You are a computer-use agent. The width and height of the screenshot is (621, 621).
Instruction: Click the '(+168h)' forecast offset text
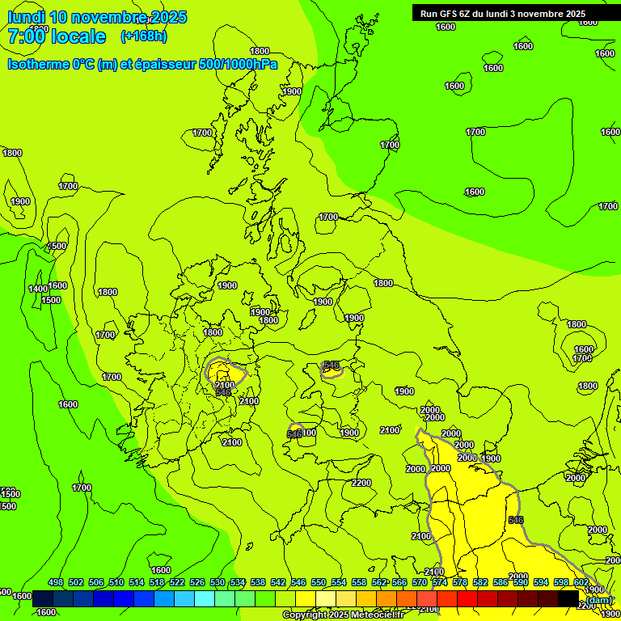coord(144,36)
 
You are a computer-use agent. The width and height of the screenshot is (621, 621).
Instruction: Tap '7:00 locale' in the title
coord(57,36)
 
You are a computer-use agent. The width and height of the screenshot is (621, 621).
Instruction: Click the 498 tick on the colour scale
coord(56,582)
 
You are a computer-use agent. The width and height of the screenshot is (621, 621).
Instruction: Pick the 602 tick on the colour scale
coord(581,582)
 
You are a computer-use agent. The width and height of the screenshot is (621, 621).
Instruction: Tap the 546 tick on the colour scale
coord(298,582)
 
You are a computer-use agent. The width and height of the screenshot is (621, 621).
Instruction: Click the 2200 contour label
coord(361,483)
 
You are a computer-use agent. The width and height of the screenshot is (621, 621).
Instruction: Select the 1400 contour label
coord(38,289)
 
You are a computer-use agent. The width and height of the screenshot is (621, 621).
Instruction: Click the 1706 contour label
coord(582,358)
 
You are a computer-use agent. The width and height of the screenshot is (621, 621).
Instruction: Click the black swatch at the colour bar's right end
coord(568,598)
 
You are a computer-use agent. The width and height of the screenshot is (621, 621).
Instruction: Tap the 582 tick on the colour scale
coord(480,582)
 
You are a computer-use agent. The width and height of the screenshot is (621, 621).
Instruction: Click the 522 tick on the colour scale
coord(177,582)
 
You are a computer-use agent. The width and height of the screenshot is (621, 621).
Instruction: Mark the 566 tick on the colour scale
coord(399,582)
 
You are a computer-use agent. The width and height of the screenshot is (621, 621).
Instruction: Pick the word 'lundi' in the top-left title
coord(27,17)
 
